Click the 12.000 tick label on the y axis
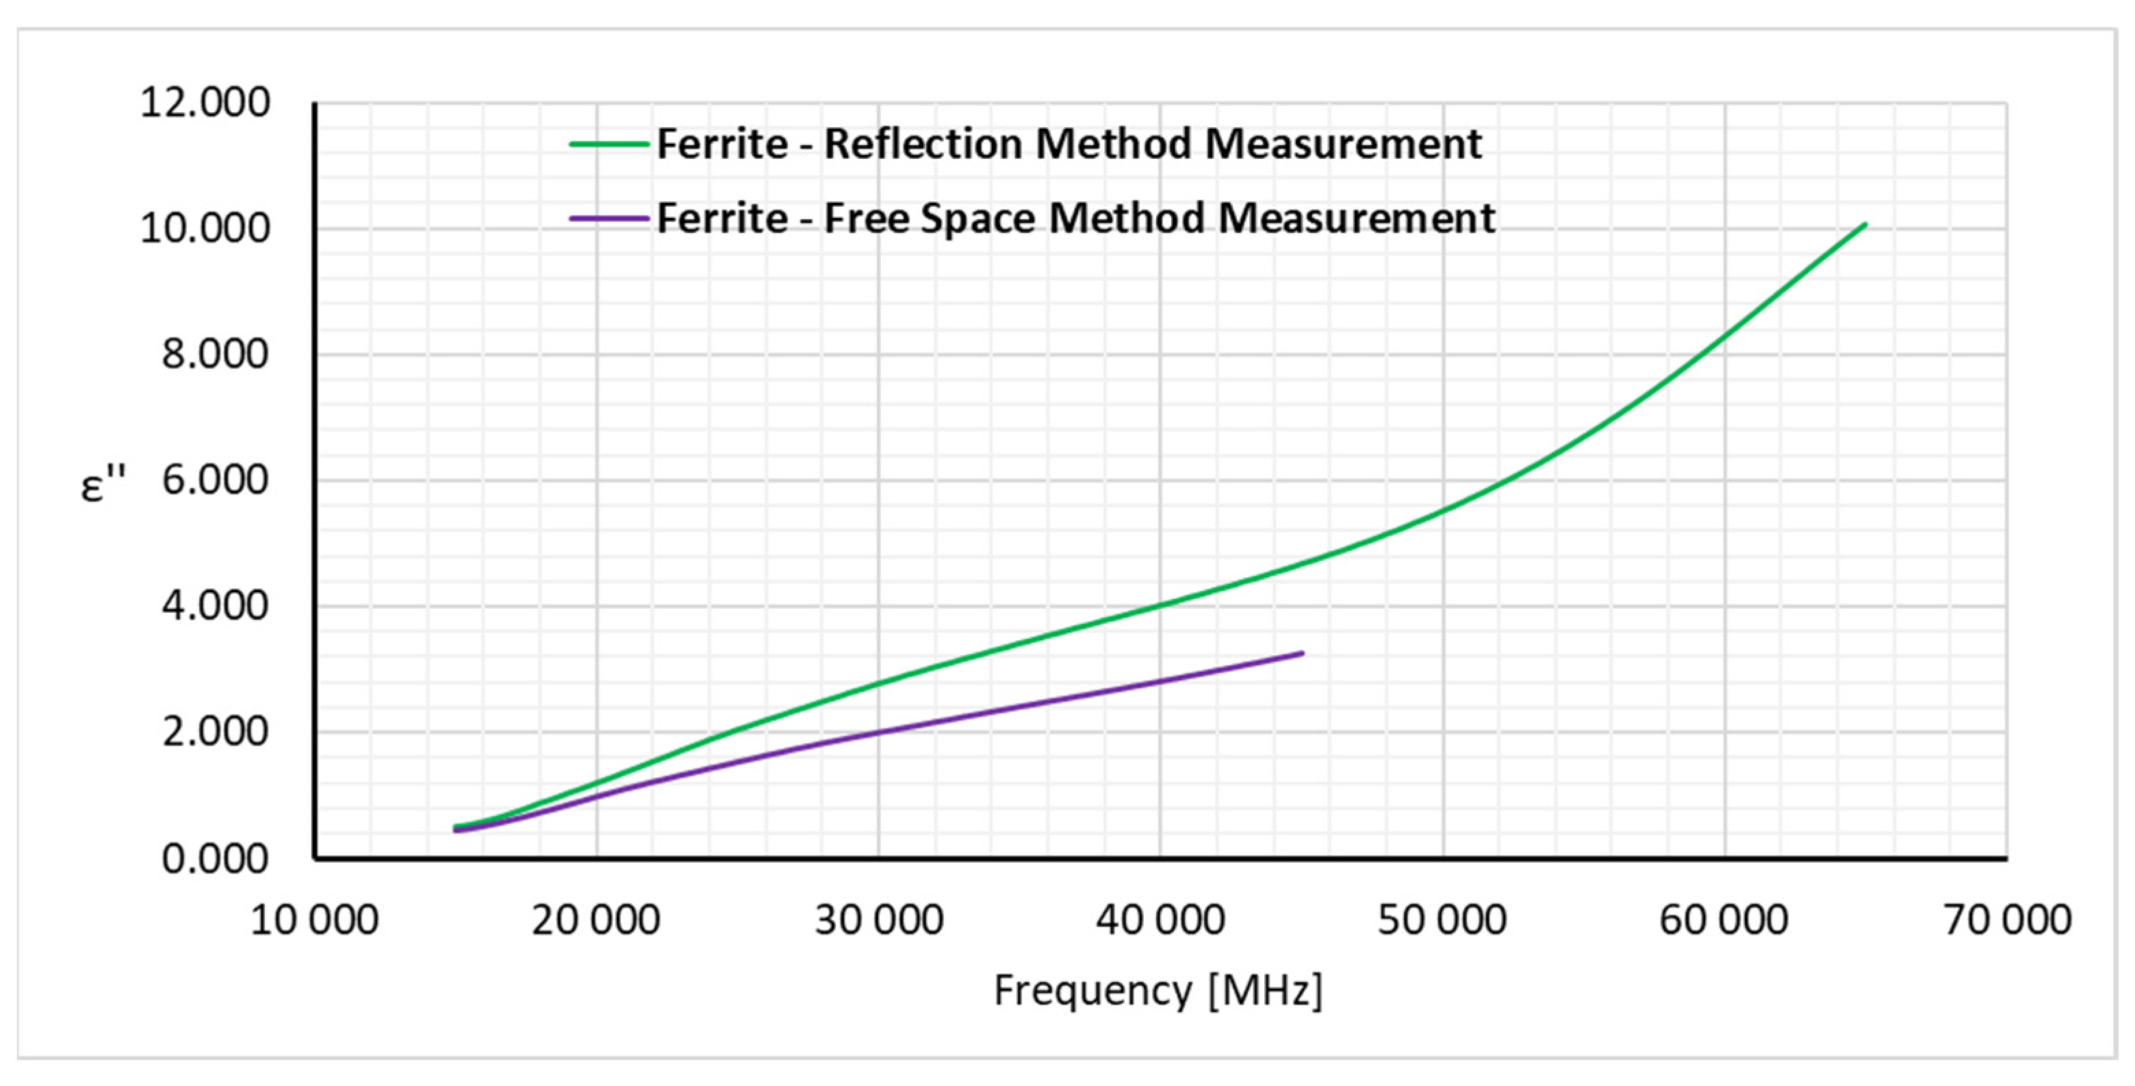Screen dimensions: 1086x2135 (205, 103)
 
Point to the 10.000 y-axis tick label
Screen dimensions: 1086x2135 (205, 229)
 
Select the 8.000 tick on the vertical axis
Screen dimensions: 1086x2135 (215, 355)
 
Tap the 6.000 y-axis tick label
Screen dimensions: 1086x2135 (215, 481)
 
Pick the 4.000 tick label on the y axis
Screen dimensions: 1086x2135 (215, 607)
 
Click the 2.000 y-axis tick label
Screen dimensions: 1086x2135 (215, 732)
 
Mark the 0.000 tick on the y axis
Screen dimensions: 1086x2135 (215, 859)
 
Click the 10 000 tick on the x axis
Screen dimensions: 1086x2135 (314, 920)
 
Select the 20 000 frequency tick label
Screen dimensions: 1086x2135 (596, 920)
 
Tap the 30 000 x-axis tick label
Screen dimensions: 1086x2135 (878, 920)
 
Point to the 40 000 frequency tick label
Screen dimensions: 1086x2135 (1160, 920)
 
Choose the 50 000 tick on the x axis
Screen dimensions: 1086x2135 (1442, 920)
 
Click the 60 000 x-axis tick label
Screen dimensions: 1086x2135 (1724, 920)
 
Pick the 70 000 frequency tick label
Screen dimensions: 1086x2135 (2006, 920)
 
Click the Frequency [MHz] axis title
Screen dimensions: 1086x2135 (1158, 990)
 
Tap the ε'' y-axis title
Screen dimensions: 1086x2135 (103, 484)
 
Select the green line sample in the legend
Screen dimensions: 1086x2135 (609, 144)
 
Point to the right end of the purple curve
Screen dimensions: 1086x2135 (1303, 653)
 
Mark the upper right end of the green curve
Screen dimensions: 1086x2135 (1865, 224)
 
